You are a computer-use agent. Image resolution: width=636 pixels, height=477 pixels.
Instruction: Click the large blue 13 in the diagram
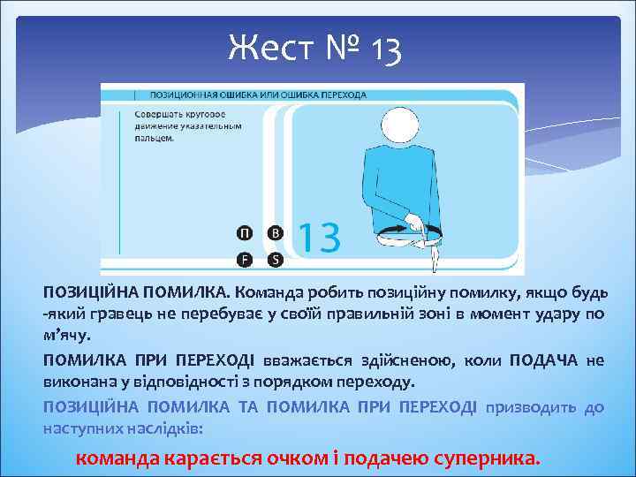click(318, 238)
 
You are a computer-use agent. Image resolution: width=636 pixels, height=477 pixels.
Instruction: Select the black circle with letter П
click(244, 233)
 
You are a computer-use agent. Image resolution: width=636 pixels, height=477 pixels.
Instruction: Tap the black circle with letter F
click(244, 259)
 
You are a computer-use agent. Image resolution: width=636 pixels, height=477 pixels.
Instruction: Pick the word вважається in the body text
click(306, 360)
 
